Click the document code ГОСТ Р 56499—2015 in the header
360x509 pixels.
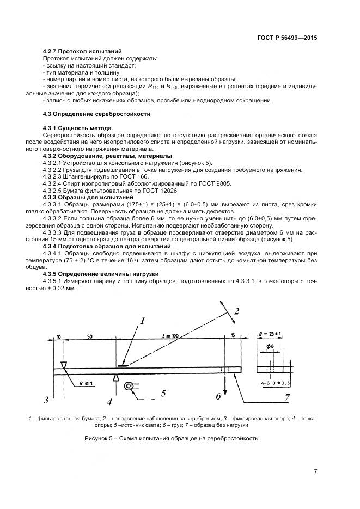click(286, 38)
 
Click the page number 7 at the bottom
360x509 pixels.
click(315, 471)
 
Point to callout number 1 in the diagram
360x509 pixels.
click(142, 321)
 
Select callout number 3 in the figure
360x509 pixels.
click(47, 401)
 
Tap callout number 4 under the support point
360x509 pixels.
click(109, 402)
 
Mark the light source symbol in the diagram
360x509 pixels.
click(129, 386)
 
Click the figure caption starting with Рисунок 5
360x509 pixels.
click(171, 438)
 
